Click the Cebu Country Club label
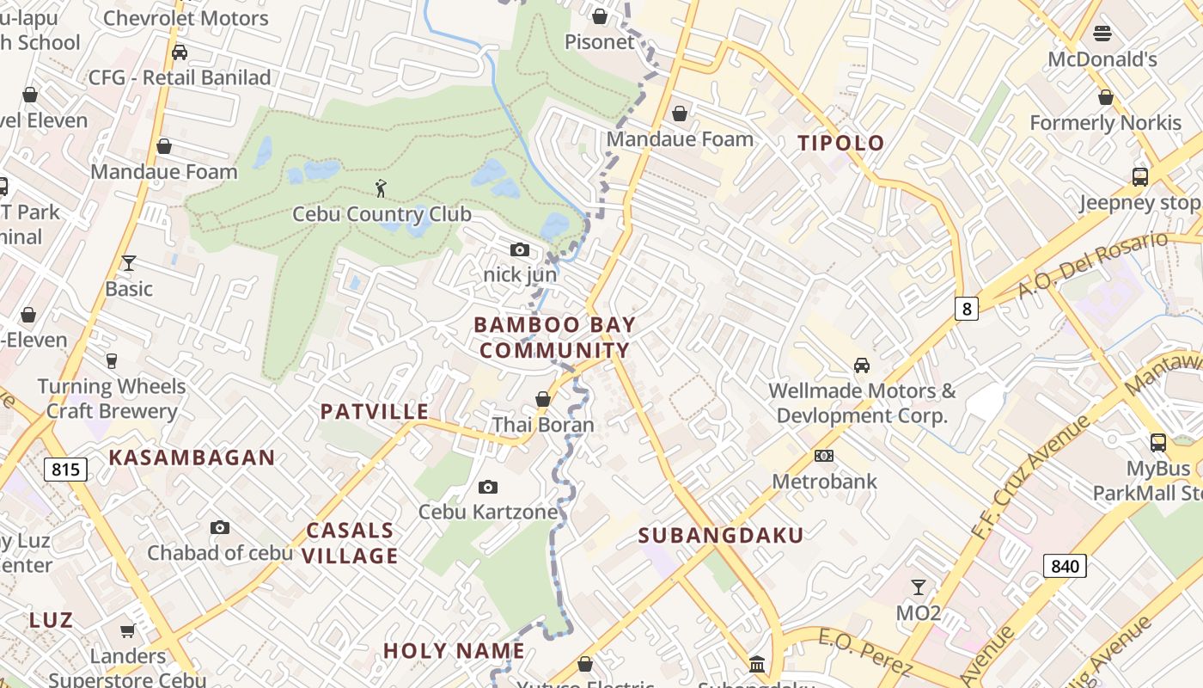coord(382,214)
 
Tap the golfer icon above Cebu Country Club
coord(381,187)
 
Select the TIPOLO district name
coord(840,143)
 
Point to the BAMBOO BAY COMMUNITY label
coord(554,338)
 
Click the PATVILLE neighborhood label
coord(375,412)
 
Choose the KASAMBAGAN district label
coord(192,458)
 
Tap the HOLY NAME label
coord(454,651)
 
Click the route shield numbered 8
coord(967,308)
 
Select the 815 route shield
coord(65,470)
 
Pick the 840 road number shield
coord(1065,566)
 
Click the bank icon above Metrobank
coord(823,455)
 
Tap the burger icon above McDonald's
coord(1102,34)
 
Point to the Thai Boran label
coord(543,425)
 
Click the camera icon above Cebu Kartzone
coord(487,488)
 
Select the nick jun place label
coord(520,275)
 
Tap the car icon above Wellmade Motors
coord(861,365)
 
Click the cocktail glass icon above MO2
coord(918,587)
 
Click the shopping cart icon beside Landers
coord(128,631)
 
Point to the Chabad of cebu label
coord(220,553)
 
